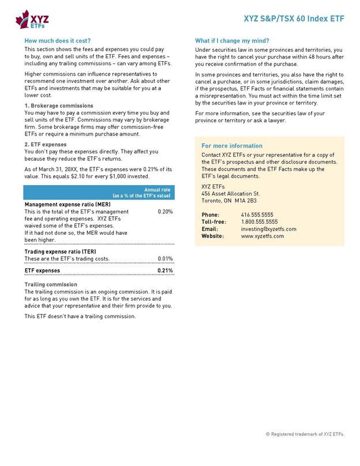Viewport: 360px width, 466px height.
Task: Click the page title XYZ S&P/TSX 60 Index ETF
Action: coord(294,19)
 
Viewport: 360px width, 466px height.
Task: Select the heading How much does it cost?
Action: coord(58,41)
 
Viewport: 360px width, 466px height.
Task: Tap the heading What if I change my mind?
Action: coord(232,41)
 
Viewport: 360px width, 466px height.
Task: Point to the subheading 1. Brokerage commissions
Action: coord(59,106)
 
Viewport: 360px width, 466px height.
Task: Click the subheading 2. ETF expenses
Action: coord(46,144)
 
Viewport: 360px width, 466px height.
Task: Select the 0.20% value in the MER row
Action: coord(165,212)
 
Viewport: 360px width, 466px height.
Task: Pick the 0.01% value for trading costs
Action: coord(165,259)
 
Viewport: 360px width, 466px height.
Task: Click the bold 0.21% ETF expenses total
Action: coord(165,270)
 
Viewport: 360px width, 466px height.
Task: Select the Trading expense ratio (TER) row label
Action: coord(60,252)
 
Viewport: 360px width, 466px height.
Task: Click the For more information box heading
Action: coord(232,146)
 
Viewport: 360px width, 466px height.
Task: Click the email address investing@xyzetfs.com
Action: coord(268,229)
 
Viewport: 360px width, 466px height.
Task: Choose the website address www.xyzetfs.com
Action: coord(261,236)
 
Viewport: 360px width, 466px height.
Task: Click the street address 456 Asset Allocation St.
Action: coord(230,194)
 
